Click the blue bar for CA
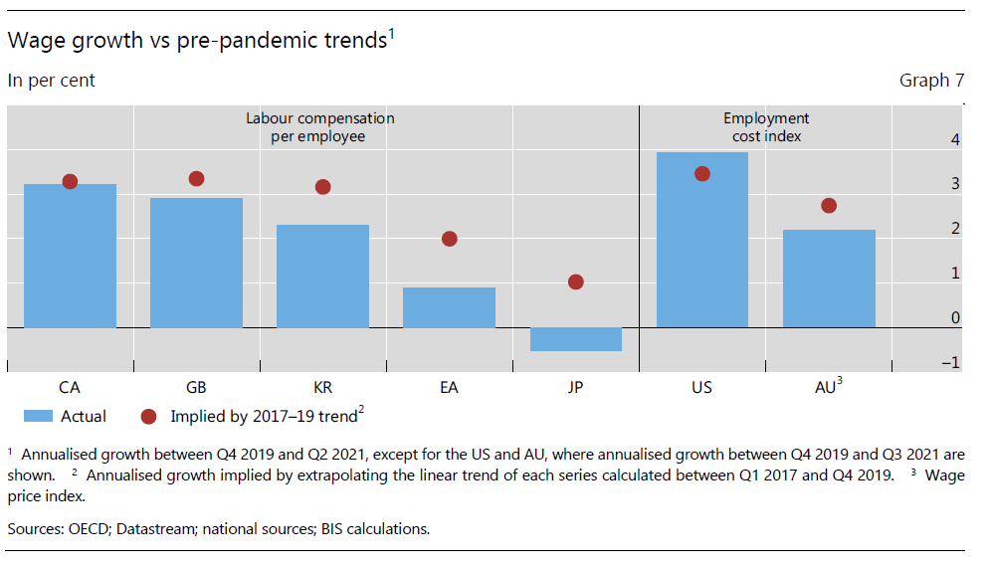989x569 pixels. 70,256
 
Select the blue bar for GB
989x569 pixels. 196,263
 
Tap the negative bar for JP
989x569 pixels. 575,339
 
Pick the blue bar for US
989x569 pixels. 701,240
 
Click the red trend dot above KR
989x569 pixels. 322,187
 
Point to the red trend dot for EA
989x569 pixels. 449,239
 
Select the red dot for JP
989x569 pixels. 575,283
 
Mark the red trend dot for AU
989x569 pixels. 828,206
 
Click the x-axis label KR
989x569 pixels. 322,388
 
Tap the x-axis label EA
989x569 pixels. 449,388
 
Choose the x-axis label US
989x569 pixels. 701,388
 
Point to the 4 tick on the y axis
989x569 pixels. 955,140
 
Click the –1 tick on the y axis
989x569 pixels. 951,363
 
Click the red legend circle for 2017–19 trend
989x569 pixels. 149,417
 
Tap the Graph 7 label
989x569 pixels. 931,81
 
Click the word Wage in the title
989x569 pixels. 32,41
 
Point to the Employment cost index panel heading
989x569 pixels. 766,127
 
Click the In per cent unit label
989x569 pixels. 52,81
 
